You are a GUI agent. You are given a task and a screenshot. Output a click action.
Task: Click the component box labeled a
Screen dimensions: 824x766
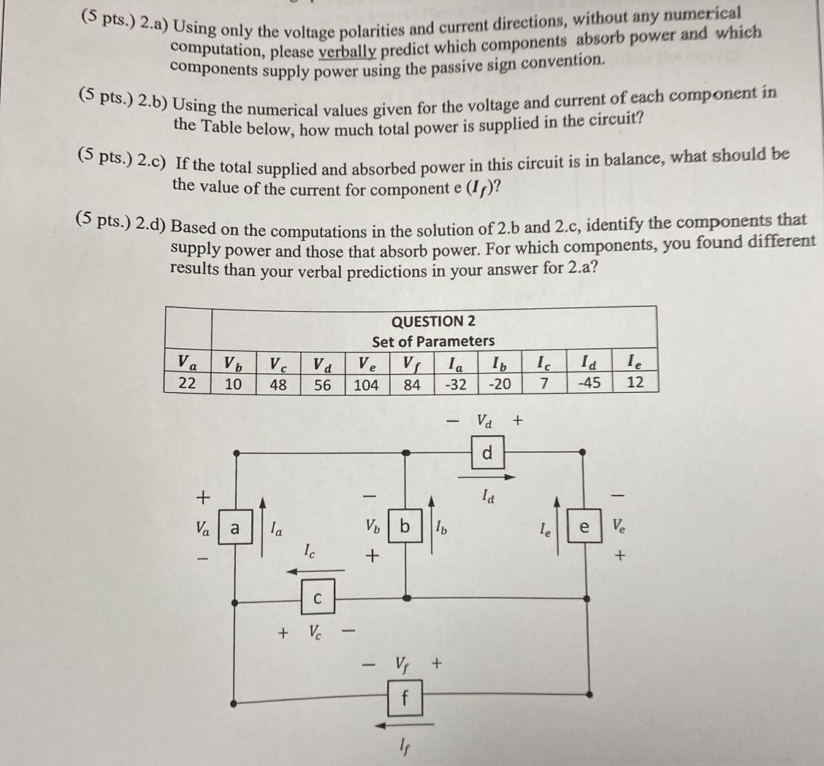pyautogui.click(x=234, y=529)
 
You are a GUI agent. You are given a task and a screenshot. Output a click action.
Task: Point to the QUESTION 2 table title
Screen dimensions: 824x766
pyautogui.click(x=433, y=321)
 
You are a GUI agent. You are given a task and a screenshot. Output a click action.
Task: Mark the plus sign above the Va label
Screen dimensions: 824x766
pyautogui.click(x=204, y=497)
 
